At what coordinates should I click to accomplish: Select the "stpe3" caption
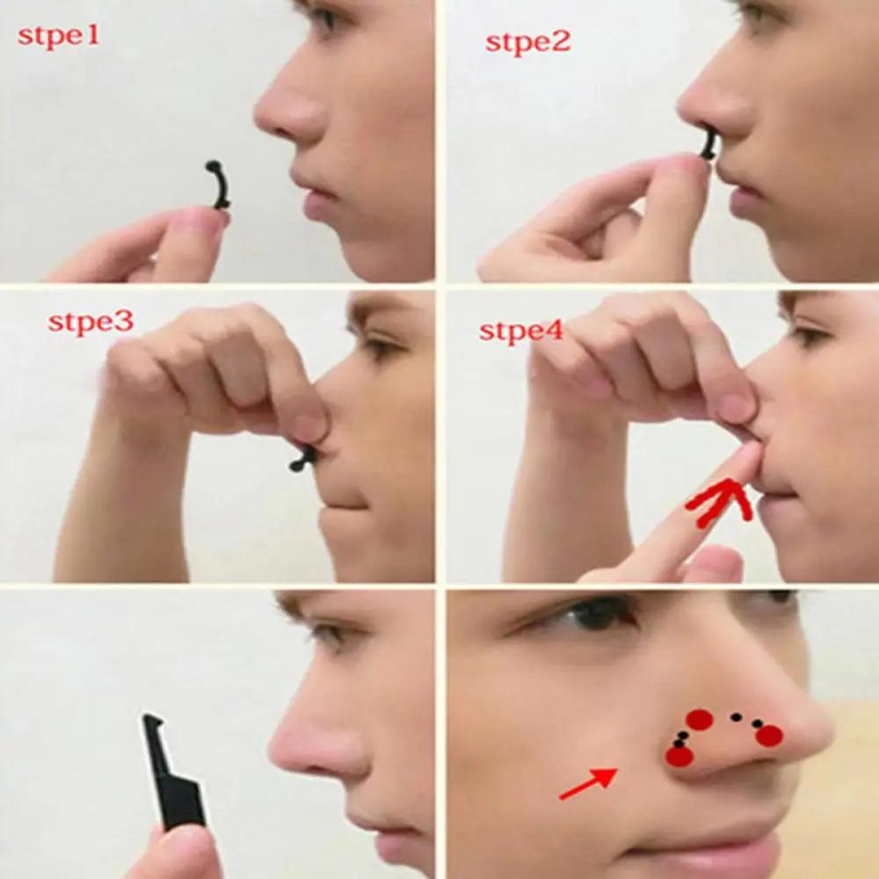coord(91,322)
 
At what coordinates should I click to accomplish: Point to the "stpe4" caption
coord(520,331)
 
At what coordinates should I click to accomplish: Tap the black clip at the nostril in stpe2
coord(708,145)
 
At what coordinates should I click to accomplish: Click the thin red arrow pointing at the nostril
coord(587,783)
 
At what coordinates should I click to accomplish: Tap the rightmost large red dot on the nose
coord(769,736)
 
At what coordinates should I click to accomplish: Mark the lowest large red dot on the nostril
coord(679,756)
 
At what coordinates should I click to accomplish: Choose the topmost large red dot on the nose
coord(699,719)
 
